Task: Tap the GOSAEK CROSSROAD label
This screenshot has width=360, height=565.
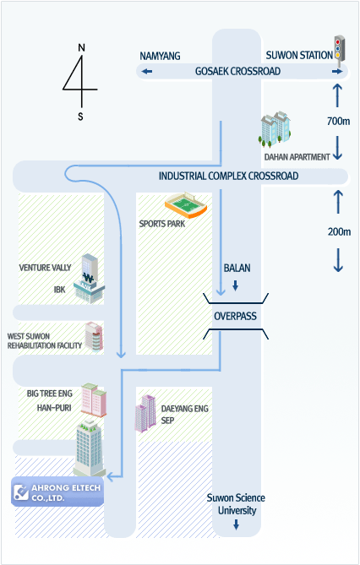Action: click(x=237, y=71)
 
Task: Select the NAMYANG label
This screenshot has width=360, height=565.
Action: click(x=160, y=57)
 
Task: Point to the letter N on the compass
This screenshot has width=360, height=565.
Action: click(x=81, y=48)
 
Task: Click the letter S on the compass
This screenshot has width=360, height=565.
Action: click(x=80, y=117)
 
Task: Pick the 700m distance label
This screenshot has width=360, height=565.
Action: click(x=338, y=121)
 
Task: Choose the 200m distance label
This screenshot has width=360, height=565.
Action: click(x=339, y=231)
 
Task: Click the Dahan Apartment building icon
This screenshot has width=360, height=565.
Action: click(x=275, y=129)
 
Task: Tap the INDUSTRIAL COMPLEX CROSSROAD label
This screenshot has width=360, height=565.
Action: click(x=228, y=177)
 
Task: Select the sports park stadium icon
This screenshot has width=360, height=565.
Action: click(x=186, y=205)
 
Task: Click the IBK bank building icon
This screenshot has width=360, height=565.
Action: click(x=89, y=279)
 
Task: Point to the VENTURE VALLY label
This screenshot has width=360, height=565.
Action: click(x=45, y=268)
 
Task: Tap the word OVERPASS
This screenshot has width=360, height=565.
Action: click(x=235, y=317)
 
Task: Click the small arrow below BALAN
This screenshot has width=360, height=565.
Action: click(x=235, y=285)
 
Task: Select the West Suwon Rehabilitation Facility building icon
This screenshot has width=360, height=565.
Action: click(x=94, y=336)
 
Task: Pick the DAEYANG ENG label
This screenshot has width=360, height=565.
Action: click(x=185, y=409)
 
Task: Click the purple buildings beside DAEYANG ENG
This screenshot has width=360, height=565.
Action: click(x=145, y=413)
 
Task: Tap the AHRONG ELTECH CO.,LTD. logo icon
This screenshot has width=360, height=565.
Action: click(x=20, y=492)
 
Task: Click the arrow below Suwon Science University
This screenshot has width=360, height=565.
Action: click(x=236, y=524)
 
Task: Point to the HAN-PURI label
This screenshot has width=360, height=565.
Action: click(x=54, y=408)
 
